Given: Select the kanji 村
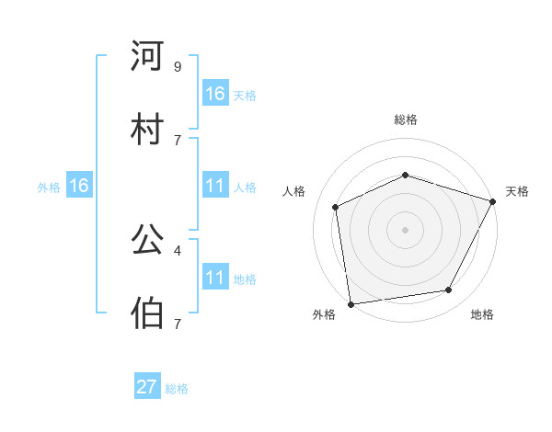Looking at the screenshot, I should tap(147, 129).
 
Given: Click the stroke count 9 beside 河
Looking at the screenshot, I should tap(177, 66).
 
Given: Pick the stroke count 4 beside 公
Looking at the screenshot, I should tap(177, 249).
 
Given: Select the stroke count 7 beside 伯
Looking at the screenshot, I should tap(177, 323).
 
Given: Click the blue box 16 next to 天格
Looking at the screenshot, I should tap(215, 94).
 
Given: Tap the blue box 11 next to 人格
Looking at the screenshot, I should tap(215, 186).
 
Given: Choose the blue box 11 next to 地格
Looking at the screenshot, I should tap(215, 278).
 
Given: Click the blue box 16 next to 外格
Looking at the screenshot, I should tap(79, 186).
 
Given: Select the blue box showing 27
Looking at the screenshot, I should tap(147, 387).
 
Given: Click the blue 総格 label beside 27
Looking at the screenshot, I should tap(177, 389).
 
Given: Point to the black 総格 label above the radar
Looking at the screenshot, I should tap(406, 119).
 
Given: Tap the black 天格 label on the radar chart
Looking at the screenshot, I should tap(517, 191).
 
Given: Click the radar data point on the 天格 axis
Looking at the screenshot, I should tap(493, 201).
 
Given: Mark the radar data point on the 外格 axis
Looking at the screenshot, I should tap(351, 303).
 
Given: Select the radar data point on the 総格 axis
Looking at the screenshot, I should tap(406, 175).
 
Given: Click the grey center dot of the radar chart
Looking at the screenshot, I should tap(406, 230).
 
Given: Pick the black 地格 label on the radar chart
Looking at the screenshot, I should tap(482, 315).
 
